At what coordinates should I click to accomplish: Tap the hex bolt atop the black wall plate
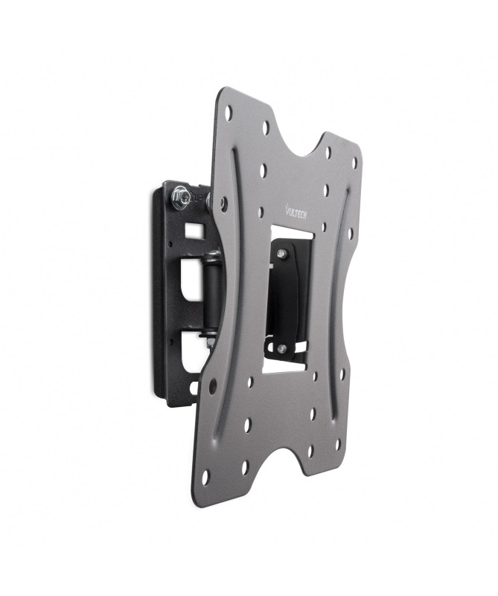(179, 197)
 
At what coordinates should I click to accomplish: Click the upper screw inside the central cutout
(282, 254)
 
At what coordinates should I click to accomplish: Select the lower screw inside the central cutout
(281, 347)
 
